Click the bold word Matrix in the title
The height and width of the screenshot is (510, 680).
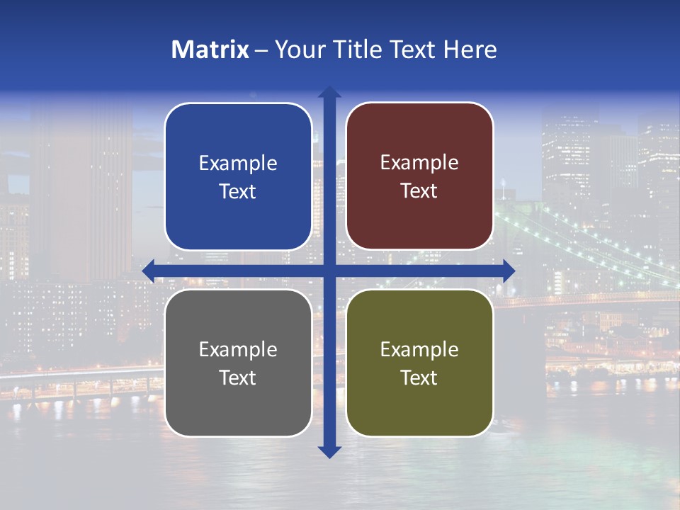pyautogui.click(x=210, y=50)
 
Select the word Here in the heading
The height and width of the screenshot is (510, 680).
pyautogui.click(x=470, y=50)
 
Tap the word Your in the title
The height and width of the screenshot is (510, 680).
pyautogui.click(x=297, y=50)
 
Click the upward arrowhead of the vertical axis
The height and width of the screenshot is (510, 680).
pyautogui.click(x=329, y=92)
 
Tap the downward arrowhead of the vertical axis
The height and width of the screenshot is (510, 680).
pyautogui.click(x=329, y=452)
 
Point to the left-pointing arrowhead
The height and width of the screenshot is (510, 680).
pyautogui.click(x=148, y=271)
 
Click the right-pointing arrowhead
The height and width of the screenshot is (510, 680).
pyautogui.click(x=509, y=271)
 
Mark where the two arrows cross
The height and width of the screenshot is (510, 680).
pyautogui.click(x=329, y=271)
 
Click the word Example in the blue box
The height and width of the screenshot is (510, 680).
pyautogui.click(x=238, y=164)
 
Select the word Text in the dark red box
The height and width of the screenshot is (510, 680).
pyautogui.click(x=419, y=191)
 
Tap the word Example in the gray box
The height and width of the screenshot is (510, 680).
pyautogui.click(x=238, y=350)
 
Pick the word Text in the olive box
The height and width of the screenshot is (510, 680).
pyautogui.click(x=419, y=378)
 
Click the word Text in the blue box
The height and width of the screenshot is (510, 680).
pyautogui.click(x=238, y=191)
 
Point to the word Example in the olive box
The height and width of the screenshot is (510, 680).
pyautogui.click(x=419, y=350)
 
